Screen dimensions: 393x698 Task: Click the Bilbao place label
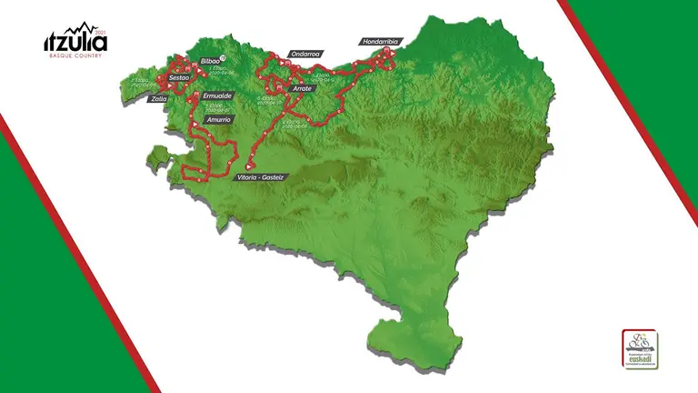[210, 60]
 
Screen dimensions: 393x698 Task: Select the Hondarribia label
[380, 42]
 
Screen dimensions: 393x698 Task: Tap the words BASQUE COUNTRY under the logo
[75, 56]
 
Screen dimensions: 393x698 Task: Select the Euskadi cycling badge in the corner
[640, 349]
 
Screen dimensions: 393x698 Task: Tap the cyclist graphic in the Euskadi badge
[640, 341]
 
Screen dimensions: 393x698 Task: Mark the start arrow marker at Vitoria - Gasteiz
[248, 166]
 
